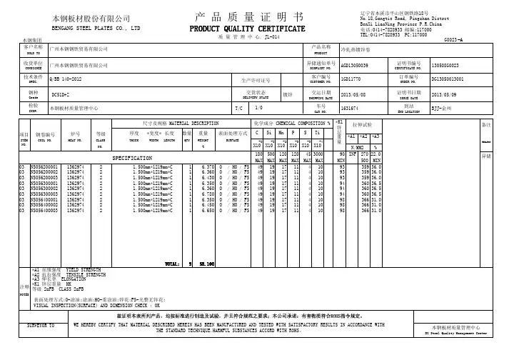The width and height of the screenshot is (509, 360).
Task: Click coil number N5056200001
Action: pyautogui.click(x=41, y=166)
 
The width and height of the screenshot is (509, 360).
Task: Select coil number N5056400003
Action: pyautogui.click(x=41, y=211)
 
